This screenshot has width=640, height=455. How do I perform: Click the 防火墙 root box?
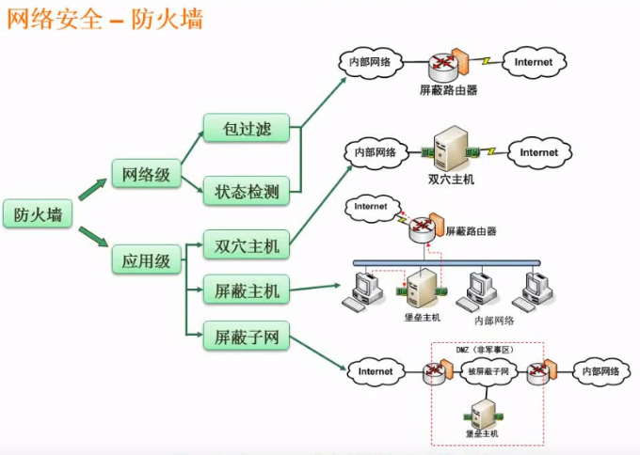[x=38, y=213]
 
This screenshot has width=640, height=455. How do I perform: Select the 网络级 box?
[x=146, y=174]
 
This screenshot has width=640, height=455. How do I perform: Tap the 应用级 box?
[x=146, y=259]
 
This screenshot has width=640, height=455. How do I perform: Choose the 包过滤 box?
[x=247, y=128]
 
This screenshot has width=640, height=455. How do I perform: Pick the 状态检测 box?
[x=247, y=191]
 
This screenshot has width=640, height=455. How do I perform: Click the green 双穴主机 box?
[x=247, y=245]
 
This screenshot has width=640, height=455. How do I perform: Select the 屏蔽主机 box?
[x=247, y=290]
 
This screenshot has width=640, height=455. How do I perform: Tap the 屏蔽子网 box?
[x=247, y=337]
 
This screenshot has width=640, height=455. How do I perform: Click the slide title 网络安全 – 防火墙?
[x=104, y=19]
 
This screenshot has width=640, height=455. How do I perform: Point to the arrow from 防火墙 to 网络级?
[x=92, y=189]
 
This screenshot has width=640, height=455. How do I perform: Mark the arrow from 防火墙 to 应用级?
[x=93, y=237]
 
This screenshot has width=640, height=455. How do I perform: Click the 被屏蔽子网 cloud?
[x=488, y=371]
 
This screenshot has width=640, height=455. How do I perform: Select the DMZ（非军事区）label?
[x=485, y=350]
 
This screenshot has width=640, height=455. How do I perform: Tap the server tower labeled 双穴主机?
[x=451, y=148]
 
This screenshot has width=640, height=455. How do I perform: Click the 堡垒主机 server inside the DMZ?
[x=483, y=415]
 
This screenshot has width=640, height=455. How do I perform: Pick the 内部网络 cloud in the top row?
[x=370, y=62]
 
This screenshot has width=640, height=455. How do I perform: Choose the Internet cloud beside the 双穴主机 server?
[x=538, y=152]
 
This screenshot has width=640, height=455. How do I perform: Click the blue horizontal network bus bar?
[x=447, y=263]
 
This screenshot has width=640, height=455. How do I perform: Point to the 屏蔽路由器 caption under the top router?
[x=449, y=90]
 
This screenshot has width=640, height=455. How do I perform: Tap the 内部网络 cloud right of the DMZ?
[x=600, y=371]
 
